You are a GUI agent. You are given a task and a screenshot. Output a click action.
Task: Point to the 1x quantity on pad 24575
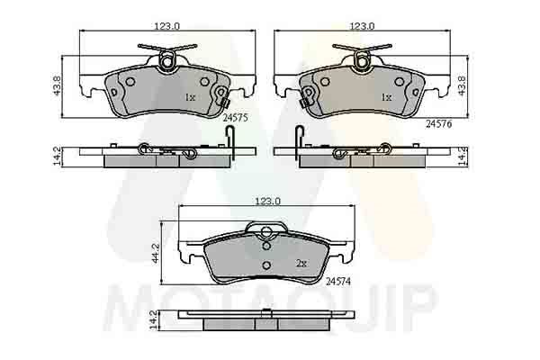point(190,95)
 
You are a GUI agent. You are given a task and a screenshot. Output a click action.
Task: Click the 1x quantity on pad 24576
point(385,95)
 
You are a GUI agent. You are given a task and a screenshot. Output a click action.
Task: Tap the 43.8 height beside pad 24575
point(57,85)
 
